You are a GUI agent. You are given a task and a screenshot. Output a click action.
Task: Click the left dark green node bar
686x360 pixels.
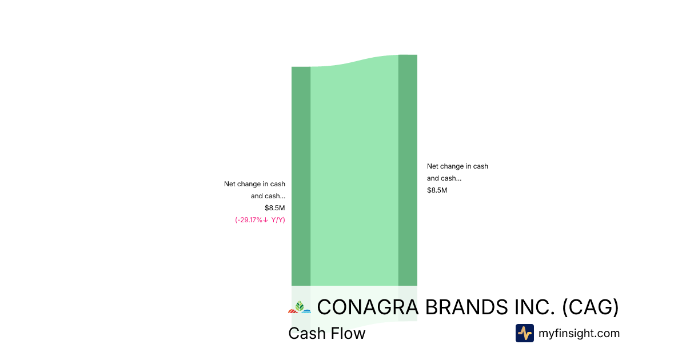[x=301, y=176]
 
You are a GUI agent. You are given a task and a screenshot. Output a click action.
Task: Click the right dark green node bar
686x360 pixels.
[x=408, y=170]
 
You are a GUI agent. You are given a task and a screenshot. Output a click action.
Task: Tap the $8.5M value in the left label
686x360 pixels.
[x=275, y=208]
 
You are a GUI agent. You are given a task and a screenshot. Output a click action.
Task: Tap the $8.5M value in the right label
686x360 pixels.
[x=437, y=190]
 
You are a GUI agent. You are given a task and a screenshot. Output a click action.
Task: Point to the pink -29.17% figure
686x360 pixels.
[x=249, y=220]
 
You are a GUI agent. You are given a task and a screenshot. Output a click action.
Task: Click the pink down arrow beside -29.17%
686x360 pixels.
[x=265, y=220]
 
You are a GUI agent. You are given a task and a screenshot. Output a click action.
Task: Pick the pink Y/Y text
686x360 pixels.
[x=278, y=220]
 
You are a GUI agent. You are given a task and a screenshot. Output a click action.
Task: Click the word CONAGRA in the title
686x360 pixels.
[x=368, y=307]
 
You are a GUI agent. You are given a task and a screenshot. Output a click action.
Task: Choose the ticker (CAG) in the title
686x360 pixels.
[x=591, y=307]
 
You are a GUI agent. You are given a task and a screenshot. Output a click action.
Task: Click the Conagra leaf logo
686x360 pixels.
[x=300, y=307]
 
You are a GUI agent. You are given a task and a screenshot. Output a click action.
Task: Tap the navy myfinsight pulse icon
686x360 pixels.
[x=525, y=333]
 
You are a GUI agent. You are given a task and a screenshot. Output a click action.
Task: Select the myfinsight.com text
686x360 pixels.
[x=579, y=333]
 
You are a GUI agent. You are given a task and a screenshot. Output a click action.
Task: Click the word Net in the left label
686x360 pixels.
[x=230, y=184]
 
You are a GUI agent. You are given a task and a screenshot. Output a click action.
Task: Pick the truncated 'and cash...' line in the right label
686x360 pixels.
[x=444, y=178]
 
